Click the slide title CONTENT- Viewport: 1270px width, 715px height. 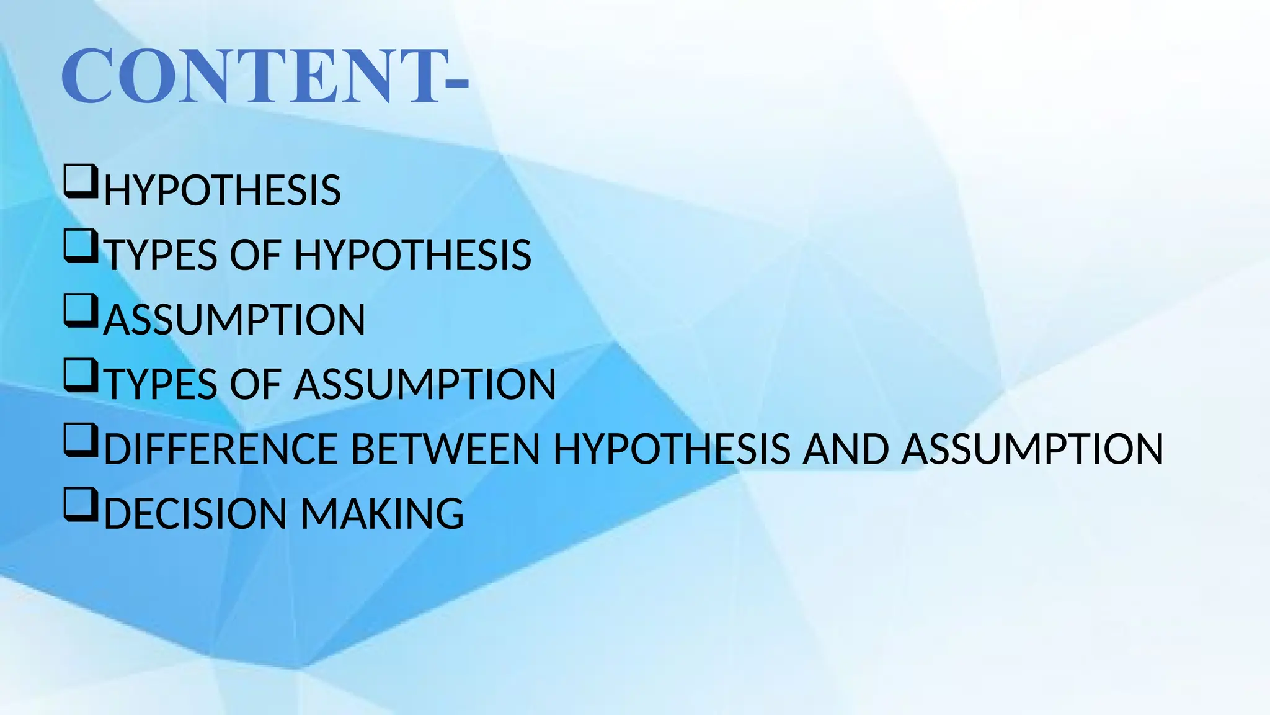265,77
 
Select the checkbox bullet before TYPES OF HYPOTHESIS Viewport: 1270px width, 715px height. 81,247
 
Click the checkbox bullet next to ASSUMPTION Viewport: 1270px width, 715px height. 81,312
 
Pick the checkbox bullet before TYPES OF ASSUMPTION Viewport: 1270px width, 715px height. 81,376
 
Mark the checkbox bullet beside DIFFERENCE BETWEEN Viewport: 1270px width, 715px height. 81,441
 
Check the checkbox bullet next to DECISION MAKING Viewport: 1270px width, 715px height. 81,505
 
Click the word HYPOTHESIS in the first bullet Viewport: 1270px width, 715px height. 222,191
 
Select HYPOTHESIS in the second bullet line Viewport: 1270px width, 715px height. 412,255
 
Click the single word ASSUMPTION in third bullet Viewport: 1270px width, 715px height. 234,320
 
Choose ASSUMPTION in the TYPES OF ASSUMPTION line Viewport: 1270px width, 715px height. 425,384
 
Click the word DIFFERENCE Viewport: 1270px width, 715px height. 220,449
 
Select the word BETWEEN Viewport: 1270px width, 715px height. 446,449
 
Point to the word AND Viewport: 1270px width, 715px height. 846,449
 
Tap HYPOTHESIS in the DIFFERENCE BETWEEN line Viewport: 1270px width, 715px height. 672,449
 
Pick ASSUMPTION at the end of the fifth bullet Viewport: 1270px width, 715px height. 1032,449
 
